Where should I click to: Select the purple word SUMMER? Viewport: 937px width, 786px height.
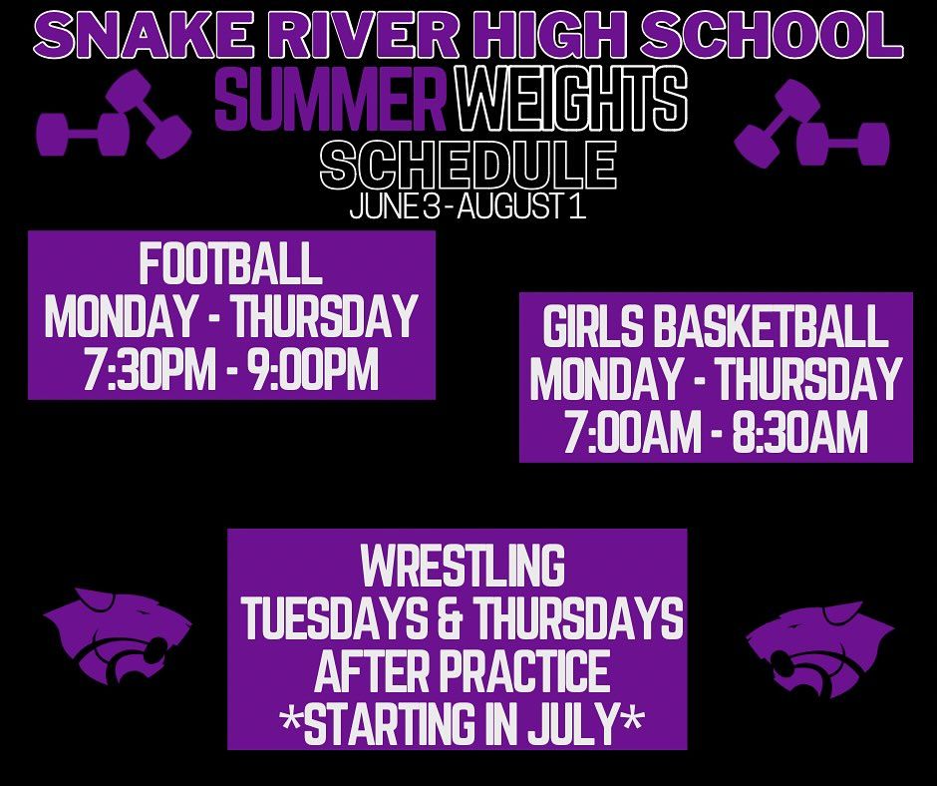click(x=331, y=99)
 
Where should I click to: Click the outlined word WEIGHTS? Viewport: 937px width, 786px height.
click(x=571, y=99)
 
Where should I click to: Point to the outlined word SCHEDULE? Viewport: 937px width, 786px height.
click(x=468, y=165)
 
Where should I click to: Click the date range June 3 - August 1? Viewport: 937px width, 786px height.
click(x=468, y=206)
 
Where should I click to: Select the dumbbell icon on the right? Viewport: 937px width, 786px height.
click(x=812, y=124)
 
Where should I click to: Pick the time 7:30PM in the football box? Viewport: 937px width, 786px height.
click(x=150, y=369)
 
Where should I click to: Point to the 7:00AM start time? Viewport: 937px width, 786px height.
click(x=632, y=432)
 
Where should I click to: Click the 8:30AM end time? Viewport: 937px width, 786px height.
click(x=799, y=432)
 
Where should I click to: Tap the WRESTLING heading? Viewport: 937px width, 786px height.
click(x=464, y=566)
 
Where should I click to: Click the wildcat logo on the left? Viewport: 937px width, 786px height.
click(x=118, y=636)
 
